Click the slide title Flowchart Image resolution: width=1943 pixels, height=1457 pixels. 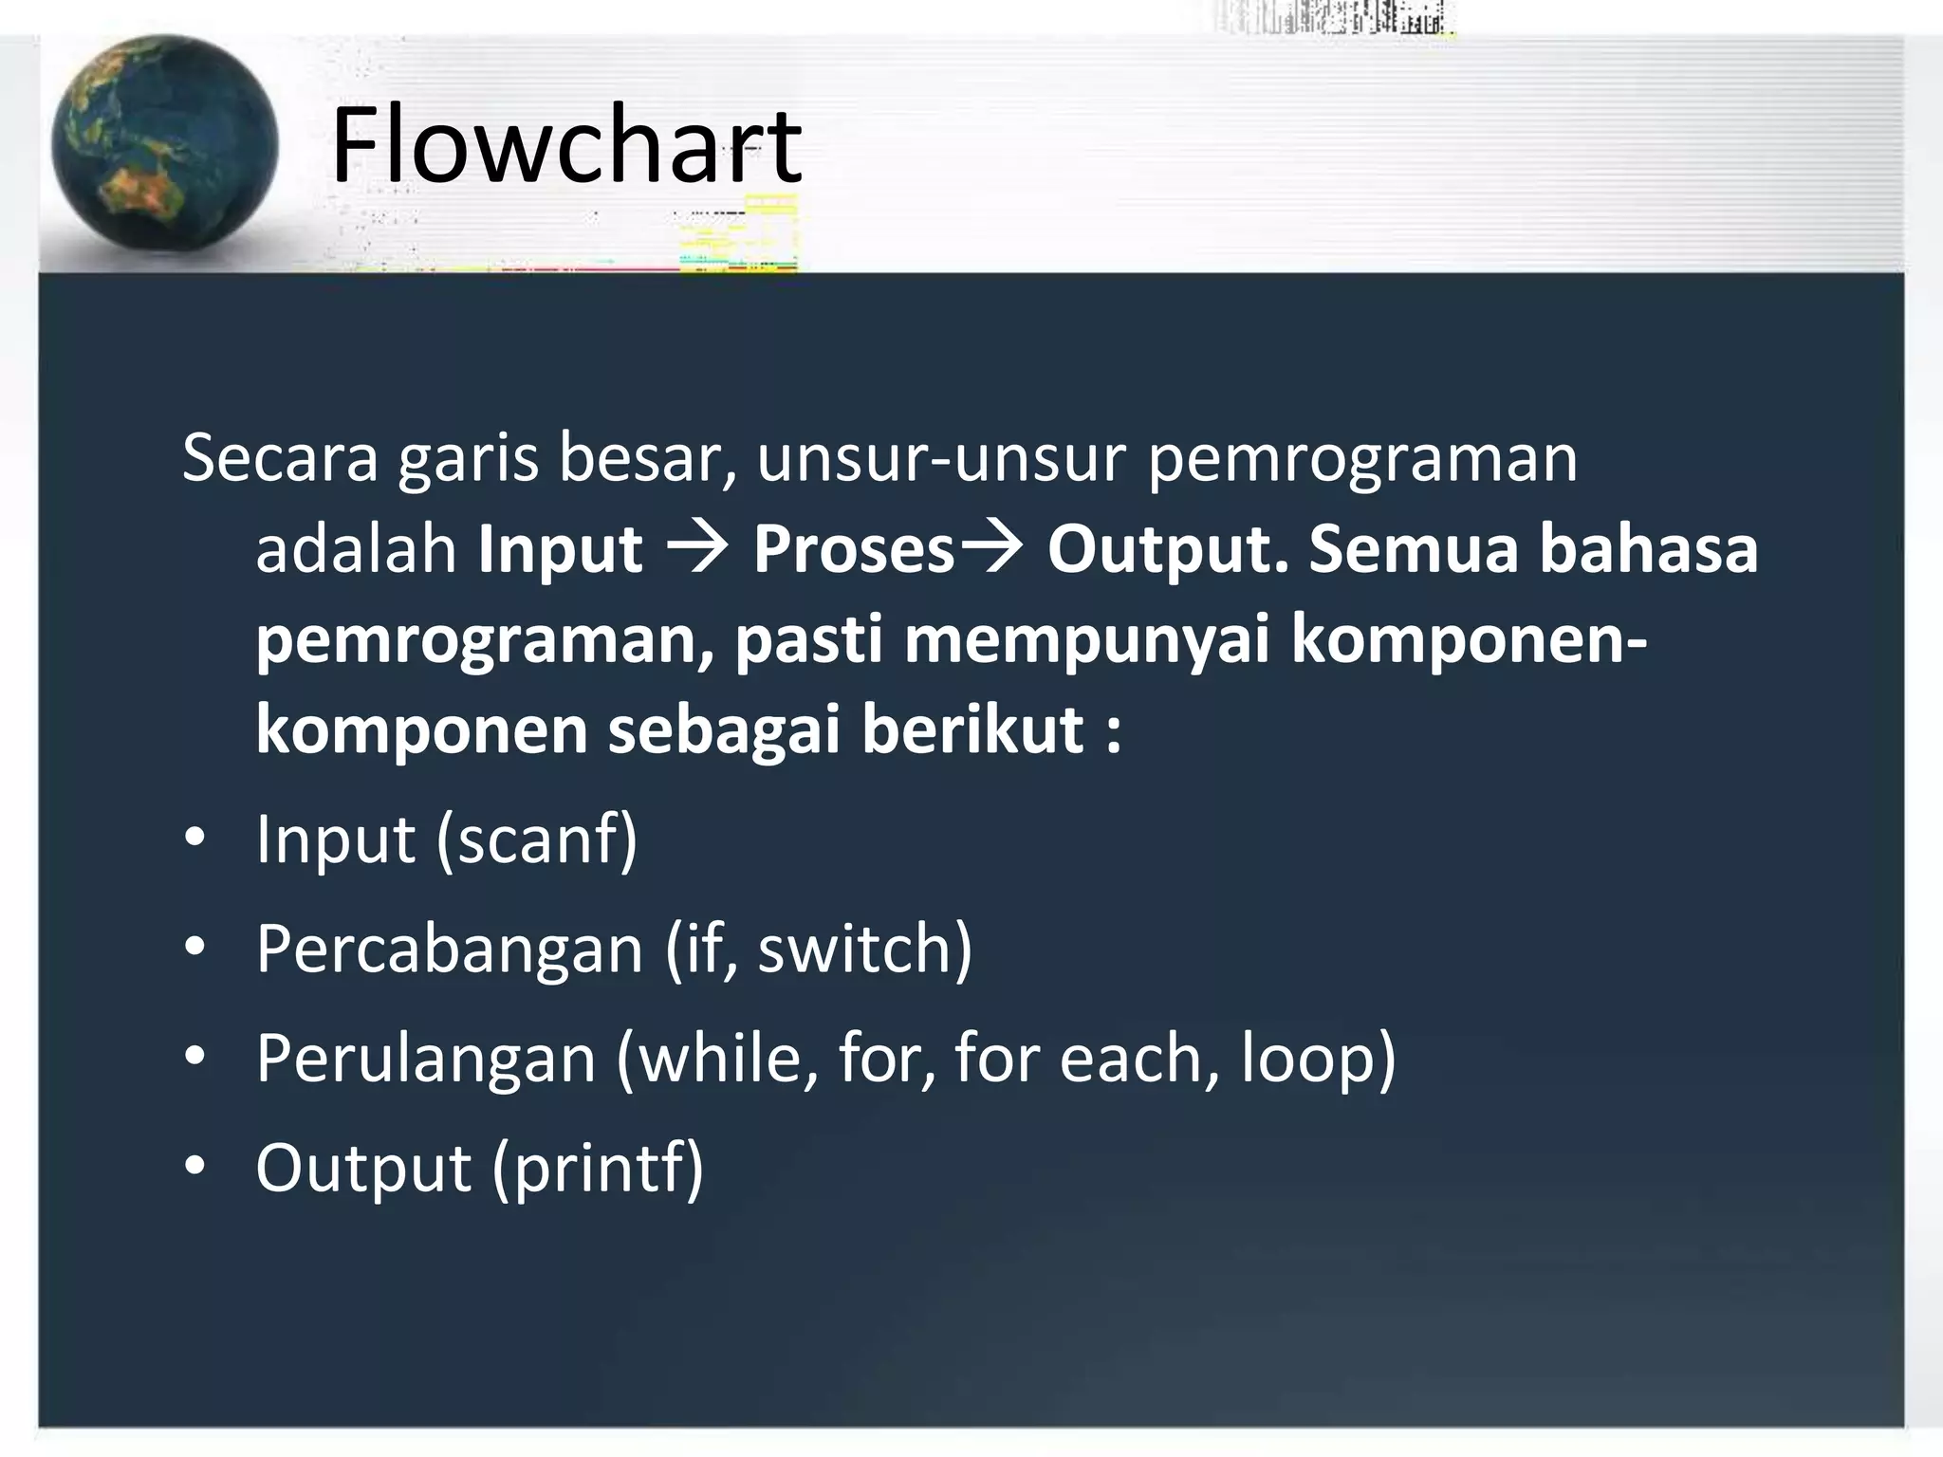coord(566,147)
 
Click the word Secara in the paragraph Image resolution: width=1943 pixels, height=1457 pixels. coord(280,458)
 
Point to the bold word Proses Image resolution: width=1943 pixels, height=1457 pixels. coord(853,550)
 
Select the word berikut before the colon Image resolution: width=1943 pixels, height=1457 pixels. coord(972,731)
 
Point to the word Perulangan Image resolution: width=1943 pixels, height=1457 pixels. coord(425,1059)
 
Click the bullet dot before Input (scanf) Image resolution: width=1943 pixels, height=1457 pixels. coord(194,839)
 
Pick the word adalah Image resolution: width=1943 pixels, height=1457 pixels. coord(356,550)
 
